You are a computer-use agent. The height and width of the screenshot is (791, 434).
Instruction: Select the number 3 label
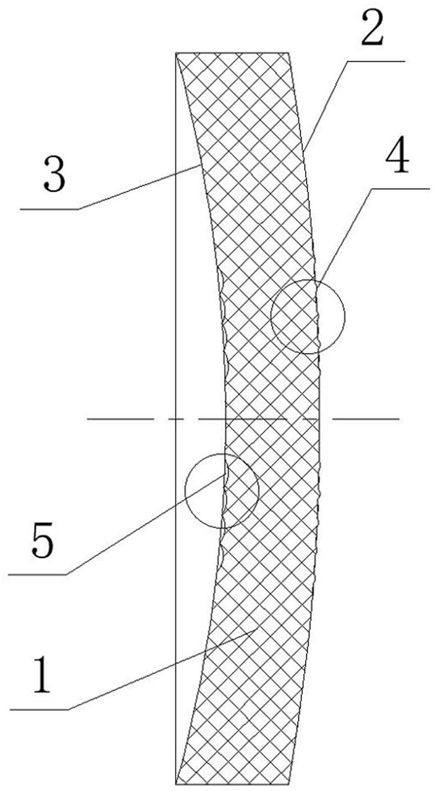coord(55,173)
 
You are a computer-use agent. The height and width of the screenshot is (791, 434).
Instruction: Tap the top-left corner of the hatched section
coord(176,52)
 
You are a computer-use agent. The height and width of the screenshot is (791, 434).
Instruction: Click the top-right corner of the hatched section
coord(289,52)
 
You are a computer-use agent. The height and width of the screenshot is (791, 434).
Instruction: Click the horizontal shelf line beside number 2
coord(376,61)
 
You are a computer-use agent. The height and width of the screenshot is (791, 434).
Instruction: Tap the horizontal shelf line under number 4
coord(400,189)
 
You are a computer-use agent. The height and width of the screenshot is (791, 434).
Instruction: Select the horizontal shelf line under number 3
coord(50,209)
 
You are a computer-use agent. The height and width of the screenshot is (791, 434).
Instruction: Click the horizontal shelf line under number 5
coord(37,575)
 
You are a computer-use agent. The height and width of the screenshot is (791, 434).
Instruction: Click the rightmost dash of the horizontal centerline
coord(366,419)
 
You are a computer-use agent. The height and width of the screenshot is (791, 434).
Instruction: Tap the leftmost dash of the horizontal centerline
coord(120,419)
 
